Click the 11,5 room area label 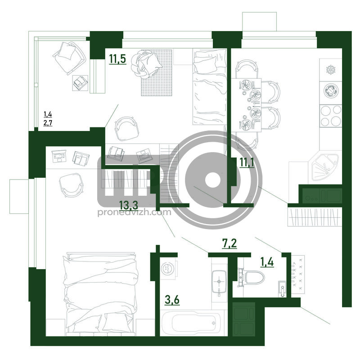117,59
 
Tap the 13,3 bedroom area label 129,205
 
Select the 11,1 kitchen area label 247,162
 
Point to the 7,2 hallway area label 229,243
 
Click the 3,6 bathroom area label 172,300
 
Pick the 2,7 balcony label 48,123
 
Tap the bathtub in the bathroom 191,323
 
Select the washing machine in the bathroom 168,268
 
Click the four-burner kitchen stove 331,116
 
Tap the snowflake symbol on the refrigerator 331,70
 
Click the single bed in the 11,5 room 210,87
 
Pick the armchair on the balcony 69,58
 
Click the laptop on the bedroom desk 59,156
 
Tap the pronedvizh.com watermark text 134,212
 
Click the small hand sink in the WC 283,289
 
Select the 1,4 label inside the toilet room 267,262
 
